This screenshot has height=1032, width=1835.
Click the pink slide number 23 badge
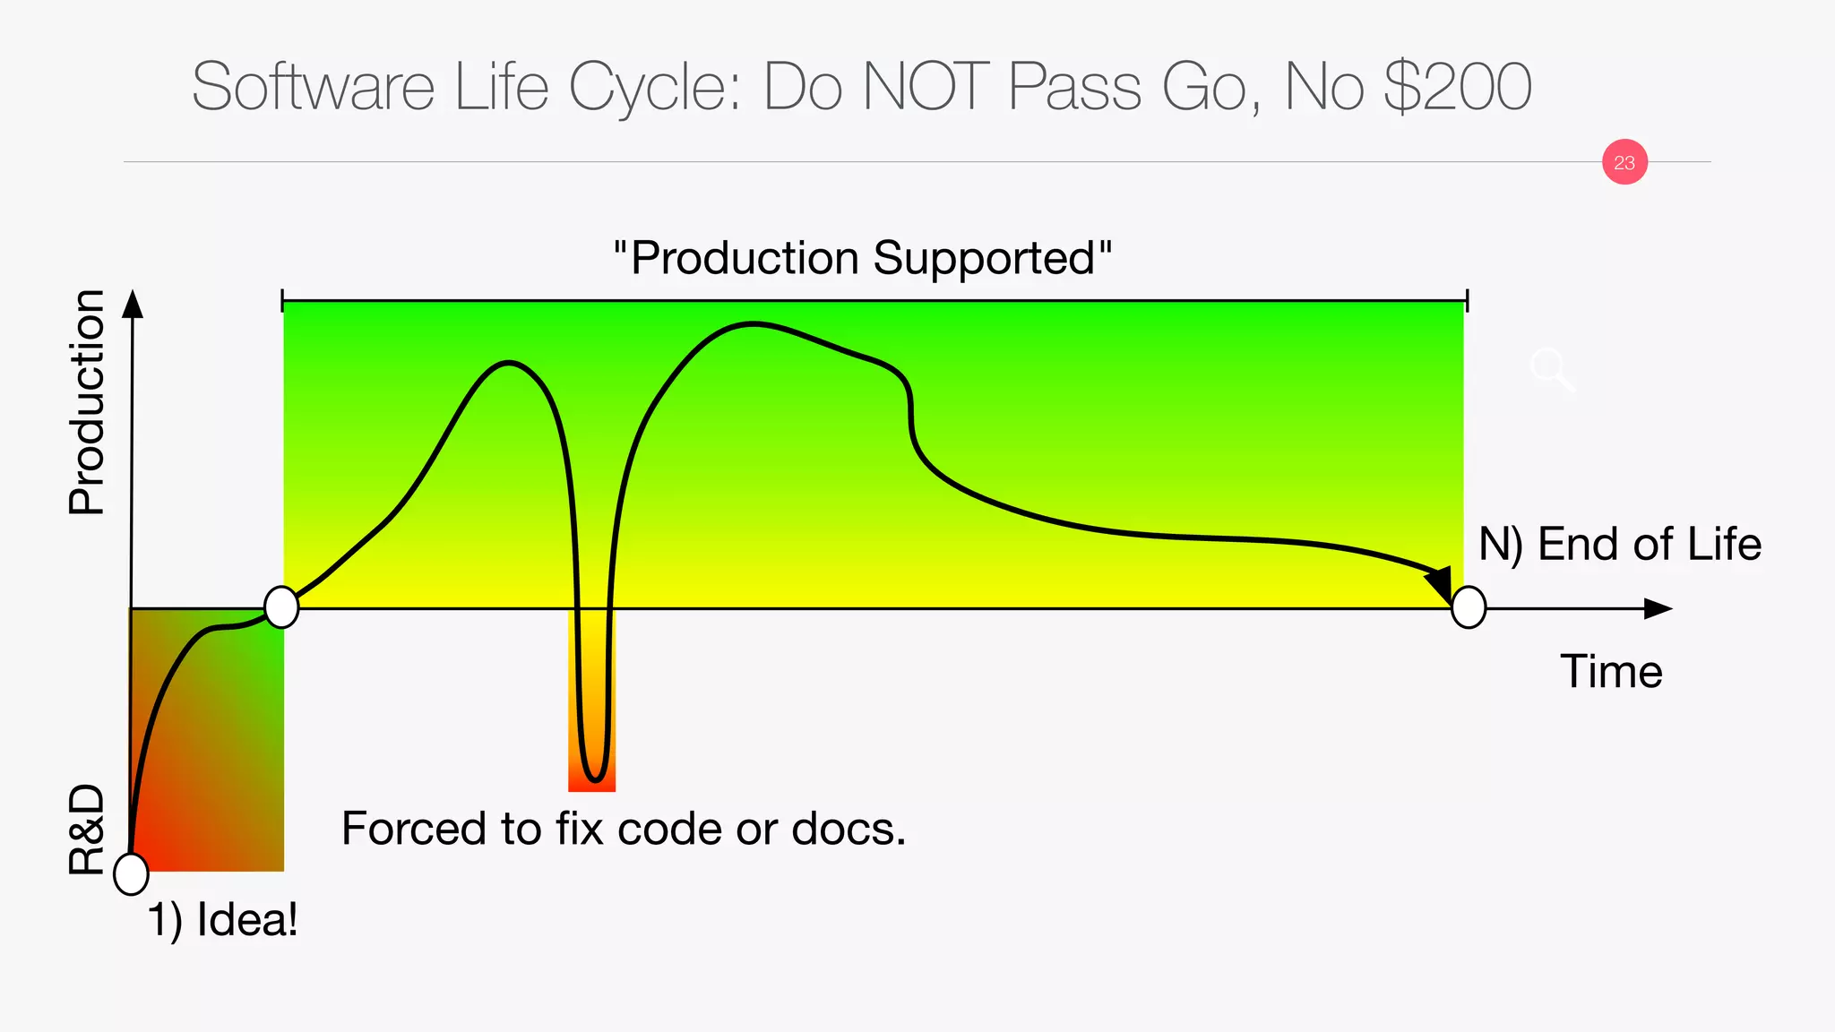click(1624, 162)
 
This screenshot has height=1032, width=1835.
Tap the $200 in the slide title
click(1457, 87)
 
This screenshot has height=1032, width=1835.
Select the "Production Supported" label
click(862, 258)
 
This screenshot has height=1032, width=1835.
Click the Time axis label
click(1611, 672)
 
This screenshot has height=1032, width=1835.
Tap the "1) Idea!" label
click(222, 919)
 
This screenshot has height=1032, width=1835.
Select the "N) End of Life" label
click(1619, 544)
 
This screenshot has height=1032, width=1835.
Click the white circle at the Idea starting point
click(131, 873)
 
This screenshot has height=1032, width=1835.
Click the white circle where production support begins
click(281, 607)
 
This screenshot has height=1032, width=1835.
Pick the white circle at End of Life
click(1469, 607)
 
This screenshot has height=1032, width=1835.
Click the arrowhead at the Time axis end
click(1658, 609)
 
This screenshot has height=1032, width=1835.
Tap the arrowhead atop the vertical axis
click(133, 305)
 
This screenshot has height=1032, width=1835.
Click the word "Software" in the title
click(314, 87)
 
